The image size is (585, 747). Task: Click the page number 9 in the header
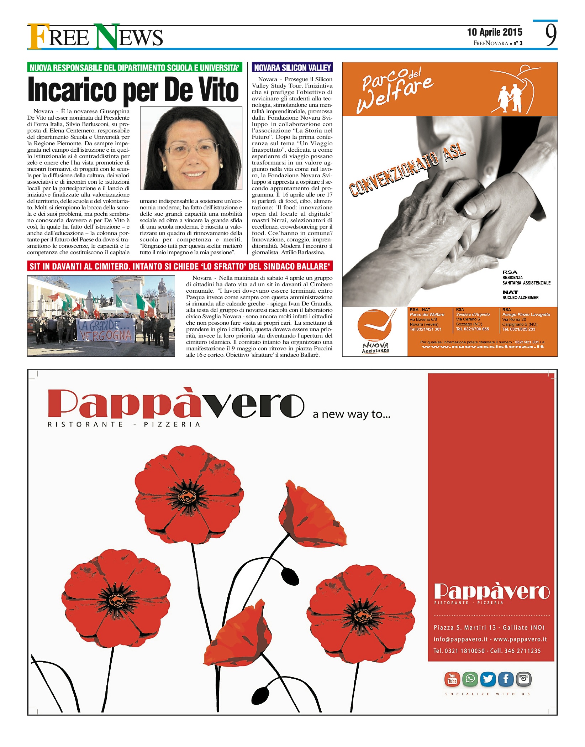(x=550, y=35)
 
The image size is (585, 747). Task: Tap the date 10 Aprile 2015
(x=495, y=32)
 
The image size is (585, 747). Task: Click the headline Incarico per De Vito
(x=133, y=89)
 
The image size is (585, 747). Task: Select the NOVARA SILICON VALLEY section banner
(x=292, y=68)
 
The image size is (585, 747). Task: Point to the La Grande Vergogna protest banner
(x=106, y=330)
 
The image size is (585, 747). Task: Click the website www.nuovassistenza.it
(x=483, y=346)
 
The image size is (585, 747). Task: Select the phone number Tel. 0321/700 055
(x=473, y=329)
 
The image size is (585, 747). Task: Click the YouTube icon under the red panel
(x=452, y=679)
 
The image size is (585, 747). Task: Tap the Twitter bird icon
(x=488, y=679)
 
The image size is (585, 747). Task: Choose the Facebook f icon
(x=506, y=679)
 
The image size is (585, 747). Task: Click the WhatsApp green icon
(x=470, y=679)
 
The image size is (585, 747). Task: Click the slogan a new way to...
(x=352, y=414)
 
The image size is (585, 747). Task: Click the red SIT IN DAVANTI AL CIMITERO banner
(x=180, y=266)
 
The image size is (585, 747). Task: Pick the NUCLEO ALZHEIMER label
(x=520, y=298)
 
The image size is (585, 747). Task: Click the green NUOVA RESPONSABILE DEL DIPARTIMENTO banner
(x=135, y=68)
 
